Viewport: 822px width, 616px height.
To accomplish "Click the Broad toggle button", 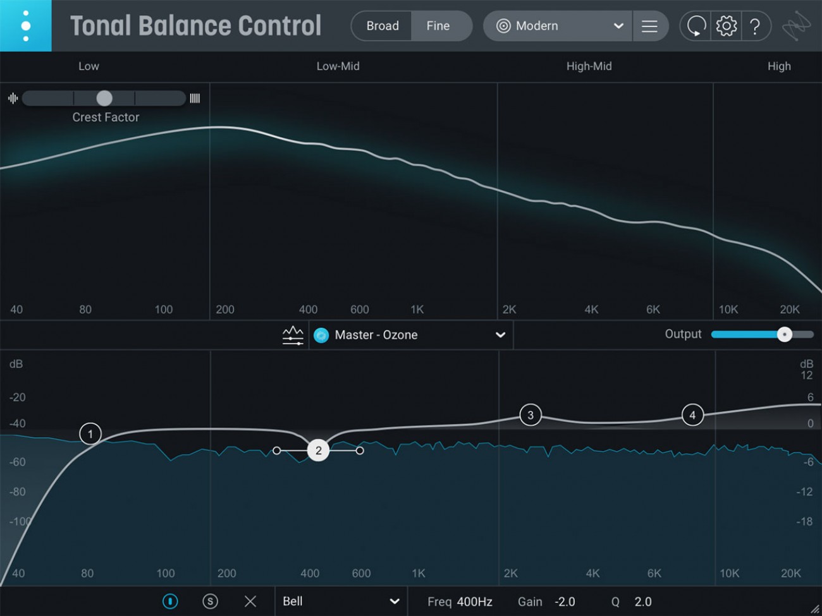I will tap(383, 26).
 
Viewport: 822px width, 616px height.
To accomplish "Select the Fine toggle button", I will tap(438, 26).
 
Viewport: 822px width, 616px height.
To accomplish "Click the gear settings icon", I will tap(726, 26).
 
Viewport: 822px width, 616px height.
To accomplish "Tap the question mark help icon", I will tap(754, 26).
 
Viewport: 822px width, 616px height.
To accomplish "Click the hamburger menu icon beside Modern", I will tap(649, 26).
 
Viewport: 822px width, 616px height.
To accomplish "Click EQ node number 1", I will tap(90, 434).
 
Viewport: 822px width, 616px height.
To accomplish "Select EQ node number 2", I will tap(319, 450).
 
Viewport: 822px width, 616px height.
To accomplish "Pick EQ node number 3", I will tap(531, 415).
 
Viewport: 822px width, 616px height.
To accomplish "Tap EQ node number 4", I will tap(692, 415).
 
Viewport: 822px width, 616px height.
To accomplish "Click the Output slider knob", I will tap(784, 334).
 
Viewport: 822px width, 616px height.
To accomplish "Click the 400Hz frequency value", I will tap(474, 602).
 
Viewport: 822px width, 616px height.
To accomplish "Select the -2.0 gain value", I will tap(565, 602).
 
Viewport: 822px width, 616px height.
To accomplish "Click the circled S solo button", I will tap(210, 601).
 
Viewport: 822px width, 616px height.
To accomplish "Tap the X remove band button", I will tap(250, 601).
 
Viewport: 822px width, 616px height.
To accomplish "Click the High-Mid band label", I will tap(589, 66).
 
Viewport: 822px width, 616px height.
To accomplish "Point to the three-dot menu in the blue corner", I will tap(26, 26).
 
